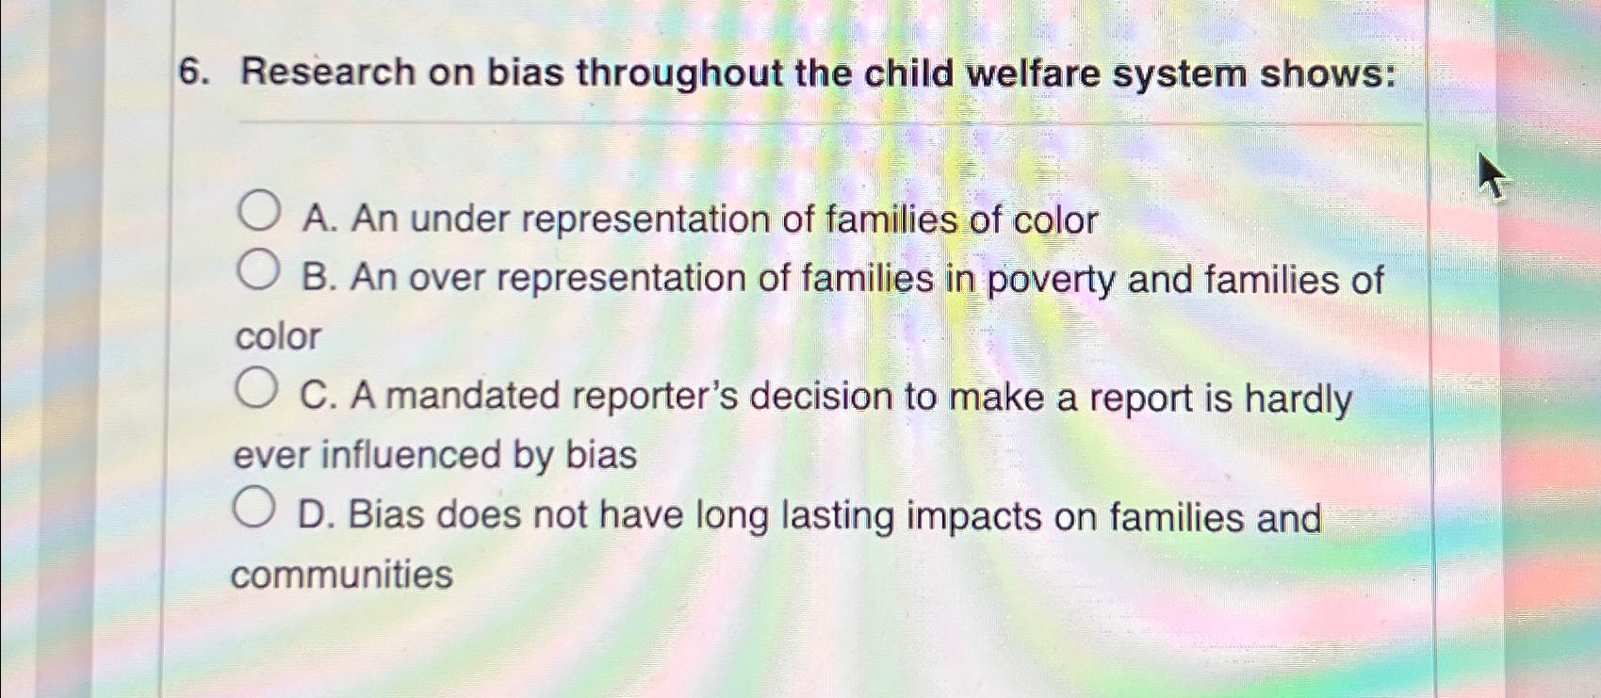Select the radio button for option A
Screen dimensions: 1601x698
tap(257, 211)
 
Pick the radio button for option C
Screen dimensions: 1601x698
tap(255, 388)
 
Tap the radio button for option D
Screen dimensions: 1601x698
tap(253, 507)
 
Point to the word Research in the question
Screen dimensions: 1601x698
tap(328, 73)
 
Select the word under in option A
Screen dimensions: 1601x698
tap(461, 219)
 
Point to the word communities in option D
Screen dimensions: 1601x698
tap(342, 576)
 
